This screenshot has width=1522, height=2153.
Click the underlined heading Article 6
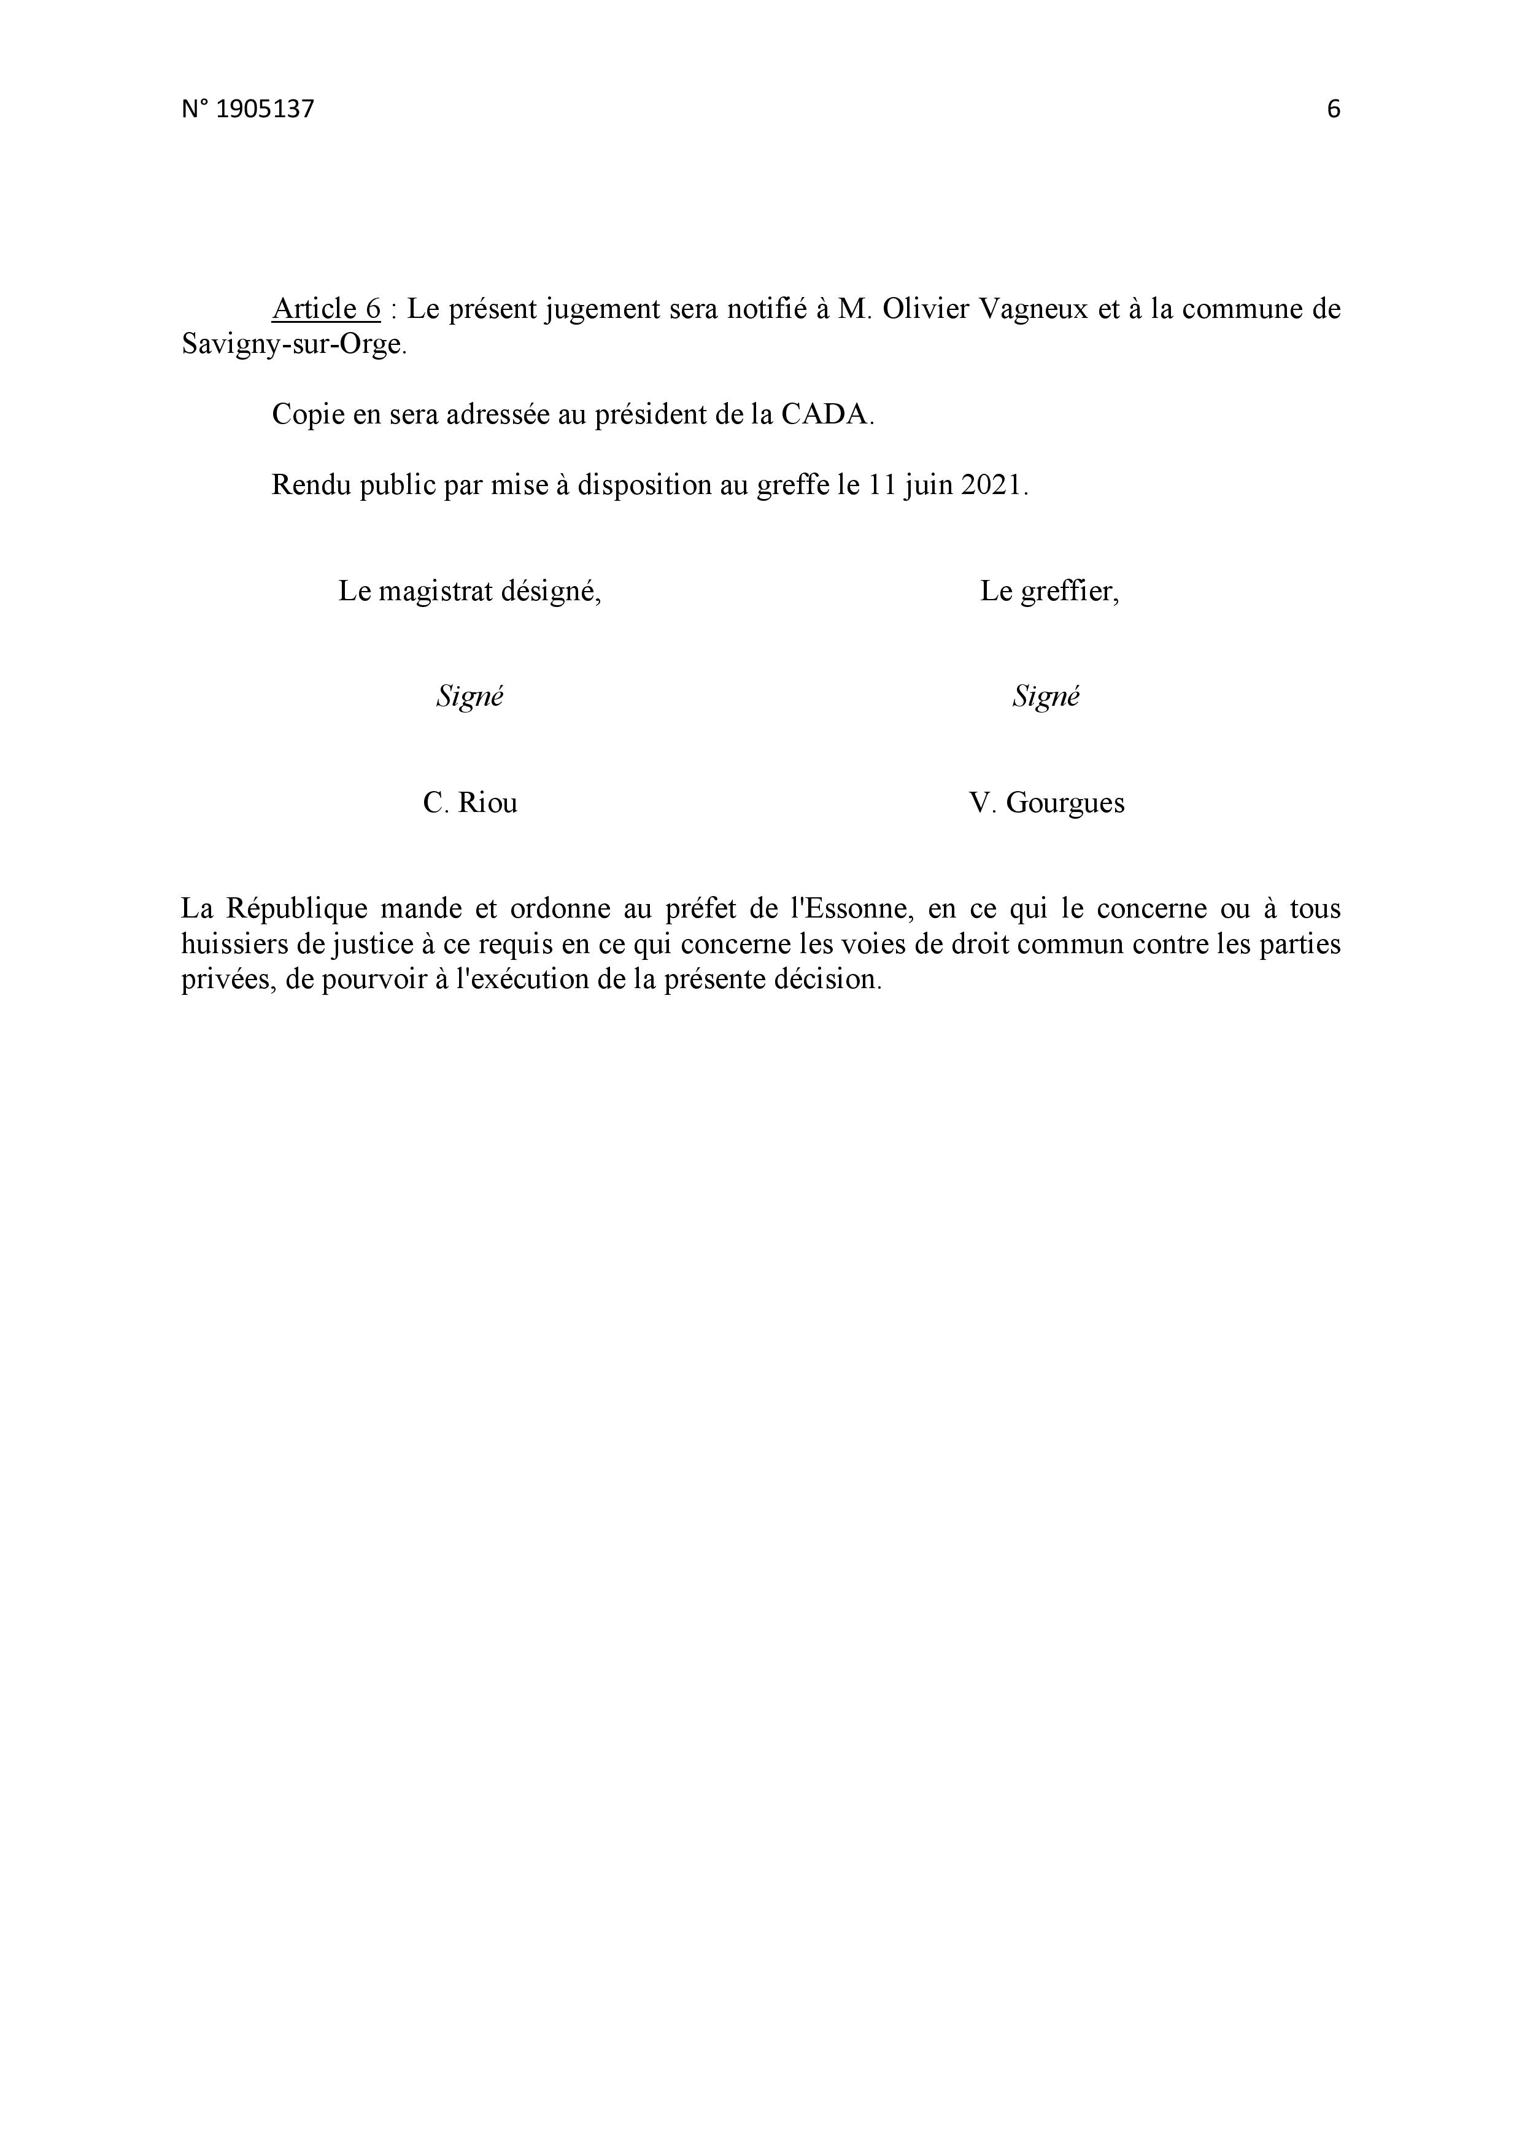pyautogui.click(x=326, y=309)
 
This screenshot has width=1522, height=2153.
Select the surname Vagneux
pyautogui.click(x=1032, y=309)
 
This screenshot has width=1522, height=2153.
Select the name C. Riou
pyautogui.click(x=470, y=803)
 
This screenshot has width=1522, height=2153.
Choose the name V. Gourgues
pyautogui.click(x=1046, y=803)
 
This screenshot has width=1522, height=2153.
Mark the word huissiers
pyautogui.click(x=234, y=945)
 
